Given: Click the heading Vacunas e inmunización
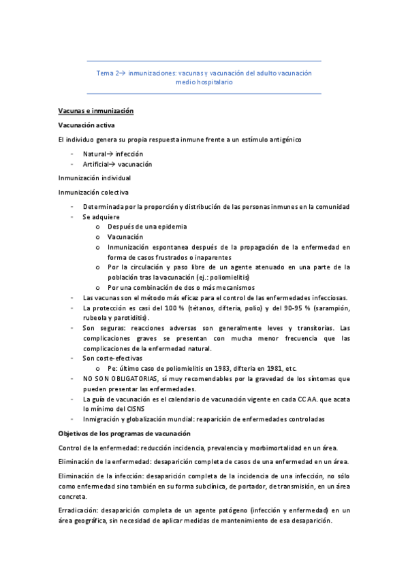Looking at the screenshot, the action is pos(95,111).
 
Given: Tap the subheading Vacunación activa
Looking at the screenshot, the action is pos(87,125).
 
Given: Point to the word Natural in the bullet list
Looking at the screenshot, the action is pos(95,154).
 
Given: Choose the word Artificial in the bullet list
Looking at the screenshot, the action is pos(97,164).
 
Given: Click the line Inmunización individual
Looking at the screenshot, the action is pos(95,178).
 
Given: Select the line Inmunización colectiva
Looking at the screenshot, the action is pos(93,193).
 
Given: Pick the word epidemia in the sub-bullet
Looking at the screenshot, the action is pos(169,227).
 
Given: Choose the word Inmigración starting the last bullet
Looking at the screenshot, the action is pos(104,418).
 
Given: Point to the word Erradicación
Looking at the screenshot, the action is pos(80,510).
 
